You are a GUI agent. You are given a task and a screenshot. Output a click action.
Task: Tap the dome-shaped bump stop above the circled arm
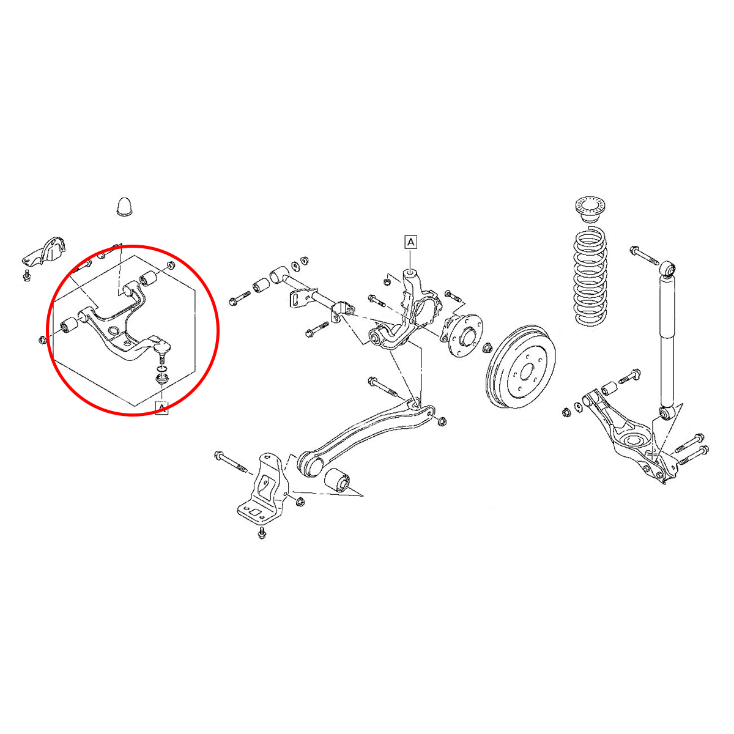point(124,207)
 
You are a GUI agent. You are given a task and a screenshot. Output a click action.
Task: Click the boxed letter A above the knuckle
point(410,242)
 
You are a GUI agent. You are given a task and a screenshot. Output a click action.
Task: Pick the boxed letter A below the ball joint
point(161,408)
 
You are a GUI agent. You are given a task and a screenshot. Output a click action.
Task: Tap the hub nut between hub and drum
point(487,348)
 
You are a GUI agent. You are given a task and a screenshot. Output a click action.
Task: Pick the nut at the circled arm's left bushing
point(43,339)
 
